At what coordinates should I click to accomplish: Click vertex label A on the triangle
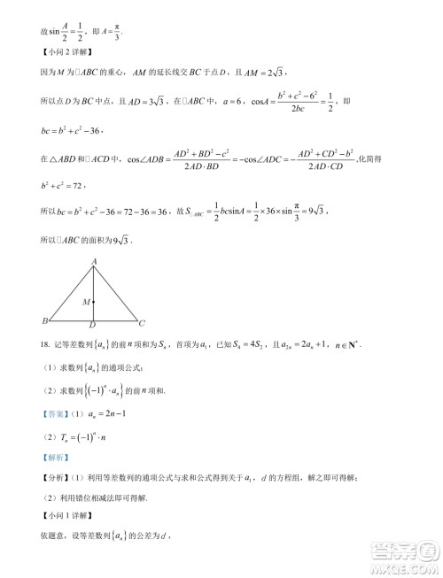(x=95, y=262)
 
